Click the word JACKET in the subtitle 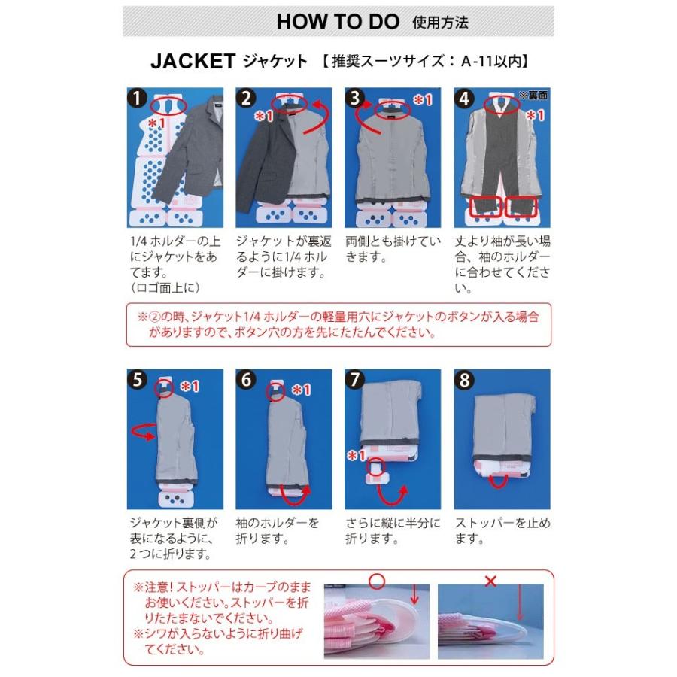pyautogui.click(x=193, y=62)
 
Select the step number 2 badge pyautogui.click(x=246, y=99)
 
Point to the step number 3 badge pyautogui.click(x=355, y=99)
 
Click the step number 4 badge pyautogui.click(x=464, y=99)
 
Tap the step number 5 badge pyautogui.click(x=137, y=380)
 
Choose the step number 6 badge pyautogui.click(x=246, y=380)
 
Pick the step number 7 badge pyautogui.click(x=355, y=380)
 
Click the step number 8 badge pyautogui.click(x=464, y=380)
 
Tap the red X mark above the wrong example pyautogui.click(x=491, y=581)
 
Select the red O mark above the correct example pyautogui.click(x=377, y=581)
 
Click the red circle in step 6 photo pyautogui.click(x=276, y=392)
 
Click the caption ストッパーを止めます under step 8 pyautogui.click(x=502, y=530)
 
